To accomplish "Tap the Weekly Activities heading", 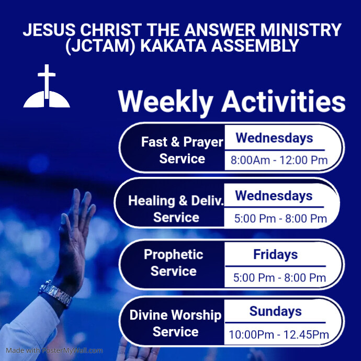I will click(x=231, y=101).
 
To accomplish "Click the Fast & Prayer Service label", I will click(x=182, y=150).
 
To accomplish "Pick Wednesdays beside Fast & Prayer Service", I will click(x=274, y=138).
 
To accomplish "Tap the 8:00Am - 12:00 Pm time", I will click(x=279, y=160).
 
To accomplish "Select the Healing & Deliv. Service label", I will click(x=176, y=209).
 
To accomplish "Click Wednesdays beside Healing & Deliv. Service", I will click(x=274, y=196).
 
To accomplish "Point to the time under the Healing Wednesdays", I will click(x=280, y=218).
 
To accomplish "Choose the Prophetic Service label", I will click(x=174, y=263).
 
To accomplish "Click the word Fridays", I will click(x=275, y=255).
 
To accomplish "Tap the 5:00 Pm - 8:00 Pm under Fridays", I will click(x=280, y=277).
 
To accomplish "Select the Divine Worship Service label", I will click(x=175, y=323).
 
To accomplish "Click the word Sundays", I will click(x=275, y=312).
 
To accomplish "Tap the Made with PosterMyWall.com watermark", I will click(x=54, y=351).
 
